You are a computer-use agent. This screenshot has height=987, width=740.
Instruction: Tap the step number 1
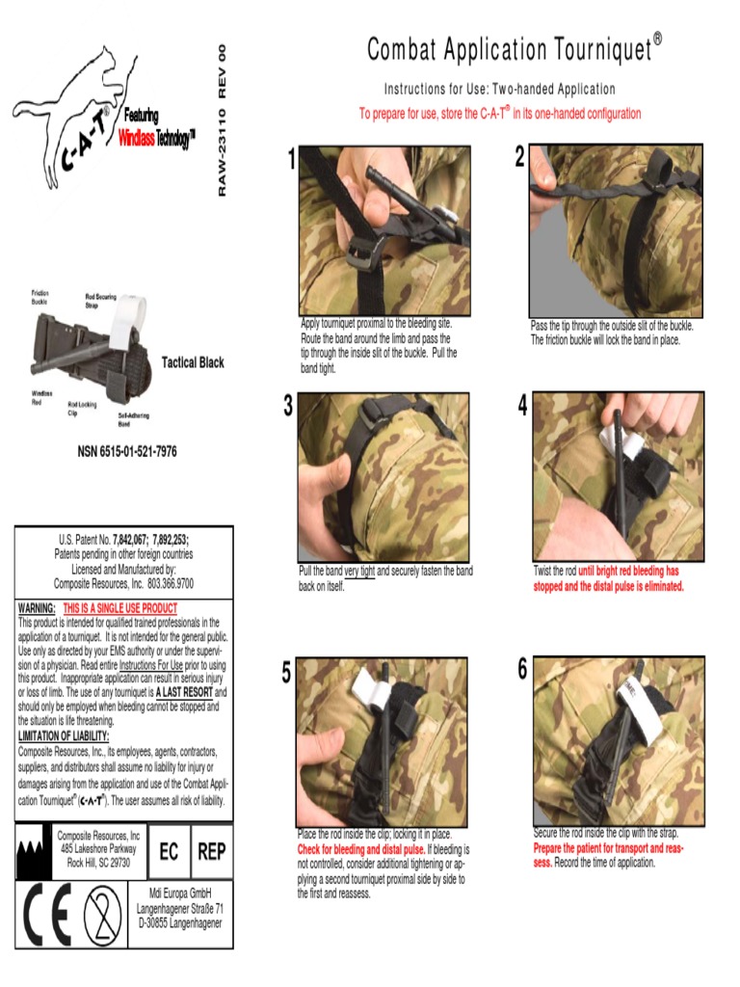pos(291,161)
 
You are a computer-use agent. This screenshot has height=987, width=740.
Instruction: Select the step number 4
pos(522,407)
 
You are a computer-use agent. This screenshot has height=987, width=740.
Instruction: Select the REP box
pos(211,852)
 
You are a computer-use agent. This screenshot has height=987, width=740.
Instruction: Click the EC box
pos(169,852)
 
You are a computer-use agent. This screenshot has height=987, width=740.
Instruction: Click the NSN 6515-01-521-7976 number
pos(126,451)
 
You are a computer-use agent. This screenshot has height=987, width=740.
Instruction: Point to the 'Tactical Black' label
pos(193,362)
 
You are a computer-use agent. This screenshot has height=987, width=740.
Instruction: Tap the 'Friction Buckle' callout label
pos(40,297)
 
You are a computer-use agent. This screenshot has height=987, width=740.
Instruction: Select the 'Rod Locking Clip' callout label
pos(82,409)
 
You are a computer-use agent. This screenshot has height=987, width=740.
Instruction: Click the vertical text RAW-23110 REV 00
pos(222,120)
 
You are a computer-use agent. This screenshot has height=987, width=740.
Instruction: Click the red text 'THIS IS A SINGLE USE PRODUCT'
pos(120,608)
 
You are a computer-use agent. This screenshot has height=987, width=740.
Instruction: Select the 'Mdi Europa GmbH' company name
pos(180,892)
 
